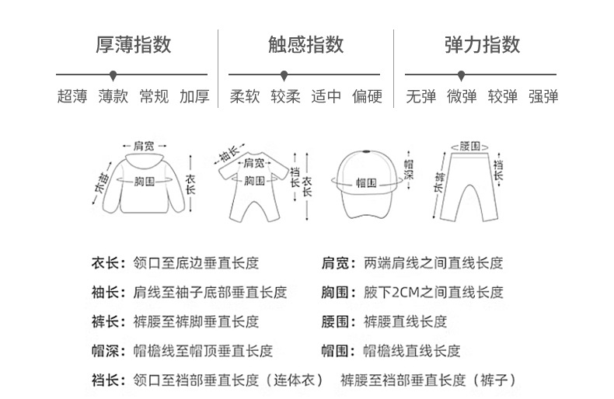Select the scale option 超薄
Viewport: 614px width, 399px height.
72,97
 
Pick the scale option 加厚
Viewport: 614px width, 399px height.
194,97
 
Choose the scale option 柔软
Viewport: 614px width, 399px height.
245,97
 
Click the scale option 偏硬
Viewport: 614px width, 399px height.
367,97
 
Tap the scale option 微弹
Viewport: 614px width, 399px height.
462,97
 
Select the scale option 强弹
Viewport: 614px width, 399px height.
543,97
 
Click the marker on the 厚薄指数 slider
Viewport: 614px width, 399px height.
113,75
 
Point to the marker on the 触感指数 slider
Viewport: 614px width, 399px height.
284,75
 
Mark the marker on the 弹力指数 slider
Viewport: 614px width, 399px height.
462,75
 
